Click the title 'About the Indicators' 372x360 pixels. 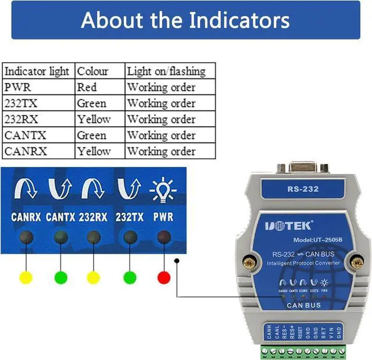(x=185, y=20)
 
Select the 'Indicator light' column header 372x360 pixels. (x=37, y=72)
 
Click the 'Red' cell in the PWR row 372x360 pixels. (x=87, y=88)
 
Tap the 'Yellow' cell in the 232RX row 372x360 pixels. (x=94, y=119)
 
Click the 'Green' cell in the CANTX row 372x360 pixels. (x=92, y=136)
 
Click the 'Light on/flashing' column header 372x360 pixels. (x=166, y=72)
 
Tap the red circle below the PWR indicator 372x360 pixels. (x=164, y=277)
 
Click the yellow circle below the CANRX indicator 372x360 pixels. (x=25, y=277)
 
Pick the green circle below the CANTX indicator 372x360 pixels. (x=60, y=277)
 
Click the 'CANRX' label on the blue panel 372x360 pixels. (x=25, y=218)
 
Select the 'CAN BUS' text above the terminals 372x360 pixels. (x=303, y=304)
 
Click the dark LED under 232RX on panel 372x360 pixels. (x=94, y=237)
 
